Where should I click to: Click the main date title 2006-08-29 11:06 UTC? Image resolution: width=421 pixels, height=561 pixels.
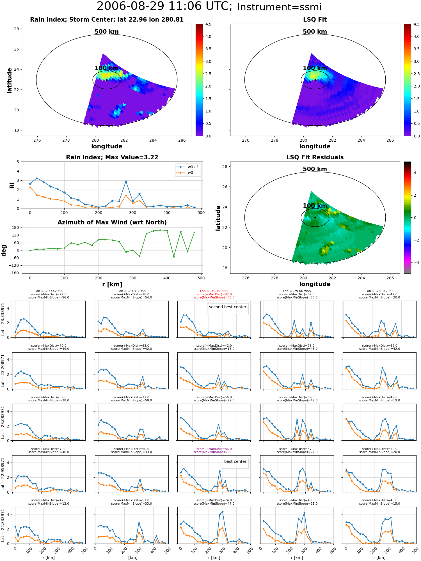point(164,6)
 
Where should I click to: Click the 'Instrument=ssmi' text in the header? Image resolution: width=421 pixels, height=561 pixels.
point(279,7)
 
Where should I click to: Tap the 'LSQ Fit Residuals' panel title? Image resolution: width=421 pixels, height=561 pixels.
point(315,157)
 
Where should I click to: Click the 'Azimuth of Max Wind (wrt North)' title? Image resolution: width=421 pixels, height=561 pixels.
point(112,222)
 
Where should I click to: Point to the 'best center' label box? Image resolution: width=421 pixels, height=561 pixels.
point(235,461)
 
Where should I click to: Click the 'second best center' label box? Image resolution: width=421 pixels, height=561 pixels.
point(228,307)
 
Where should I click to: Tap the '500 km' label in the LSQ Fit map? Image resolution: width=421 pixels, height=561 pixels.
point(315,32)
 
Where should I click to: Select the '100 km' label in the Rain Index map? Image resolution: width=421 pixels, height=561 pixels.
point(107,68)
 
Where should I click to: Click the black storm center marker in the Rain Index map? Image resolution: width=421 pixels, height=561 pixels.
point(107,80)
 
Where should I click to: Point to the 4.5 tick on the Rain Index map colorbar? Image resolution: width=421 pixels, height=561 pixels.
point(208,24)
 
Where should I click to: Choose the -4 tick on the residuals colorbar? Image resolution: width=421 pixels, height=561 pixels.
point(415,263)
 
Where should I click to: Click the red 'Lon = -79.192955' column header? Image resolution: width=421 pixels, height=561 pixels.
point(214,291)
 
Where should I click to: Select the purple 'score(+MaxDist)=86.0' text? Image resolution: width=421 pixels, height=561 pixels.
point(214,449)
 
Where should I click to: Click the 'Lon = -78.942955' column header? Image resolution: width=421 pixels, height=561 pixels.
point(379,291)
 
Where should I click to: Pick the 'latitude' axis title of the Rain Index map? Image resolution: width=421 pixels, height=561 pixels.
point(10,80)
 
